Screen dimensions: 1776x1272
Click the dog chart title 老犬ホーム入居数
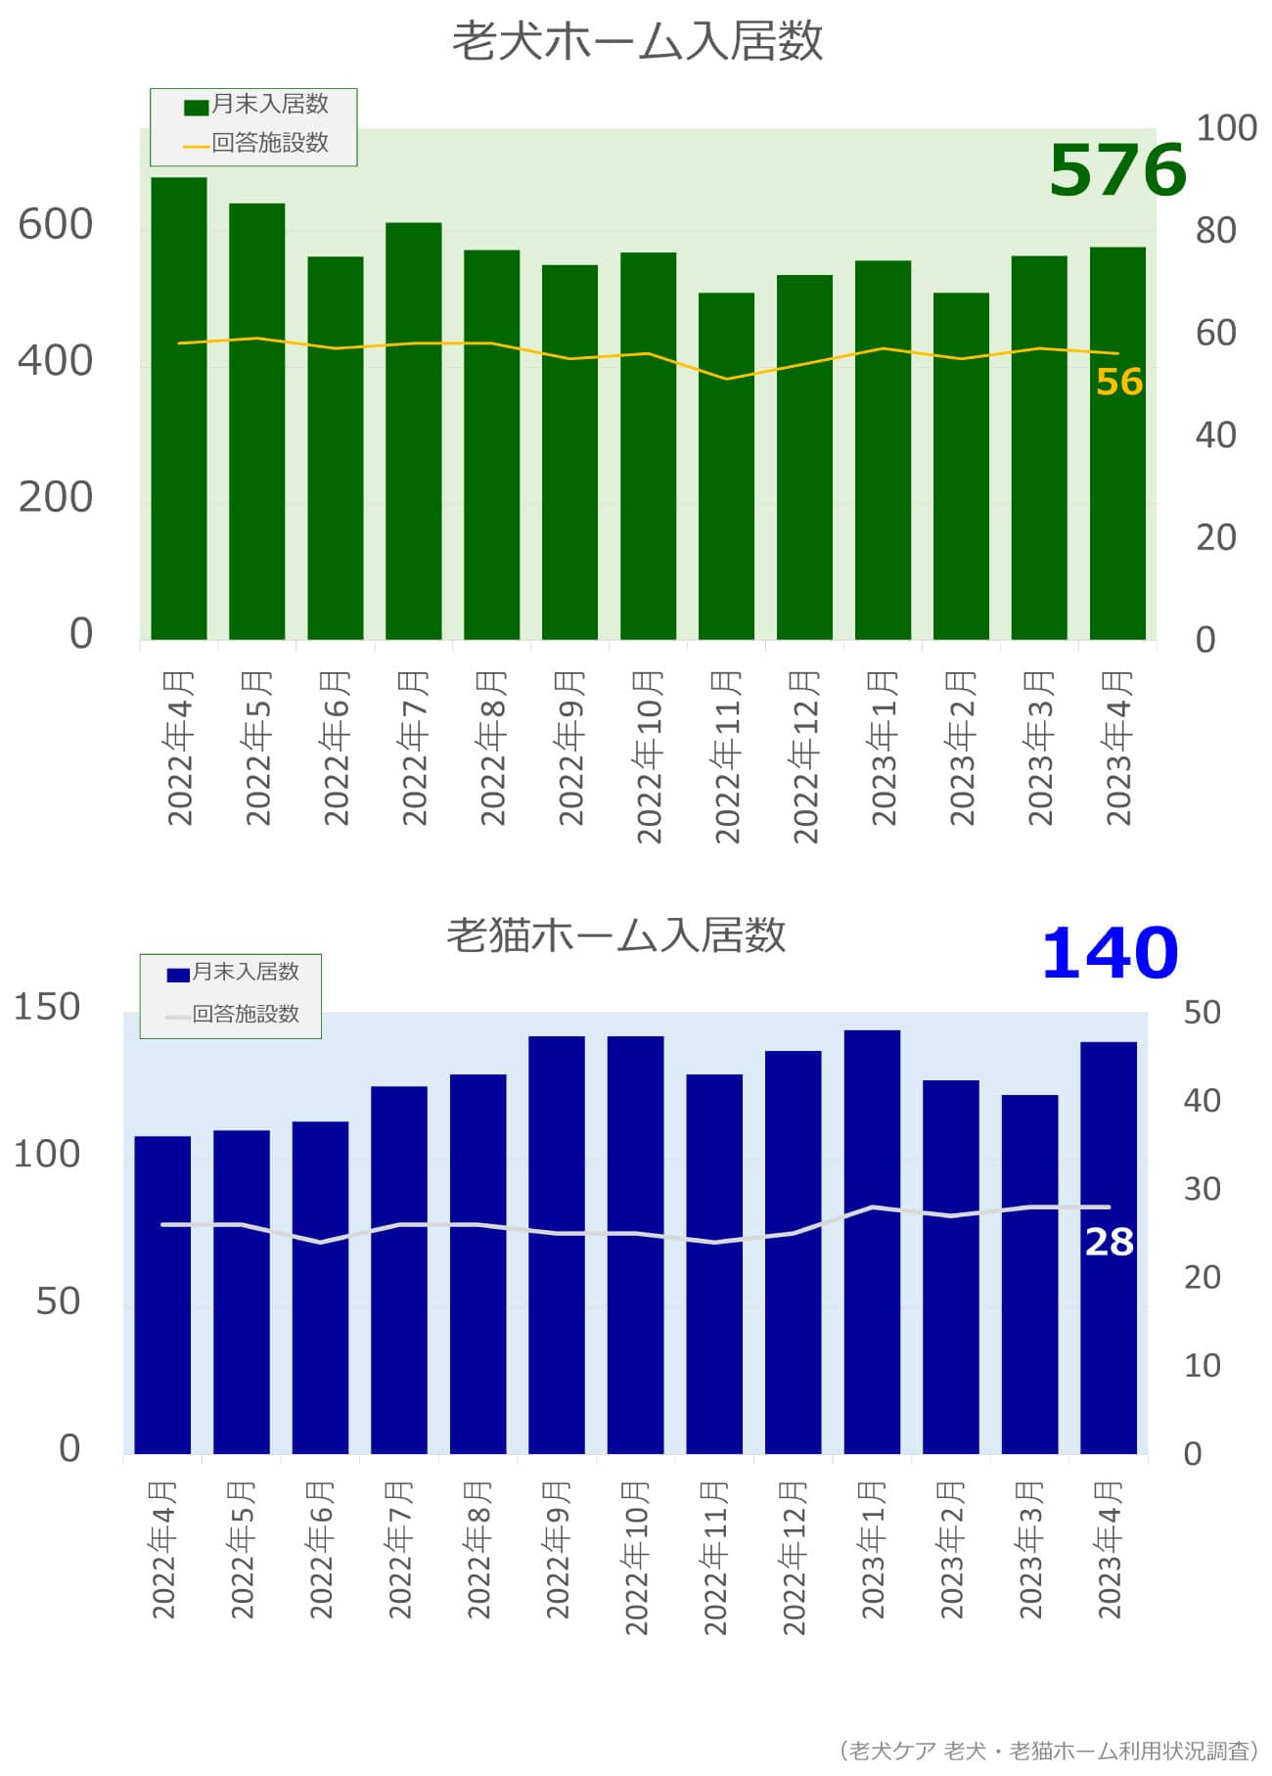pos(636,42)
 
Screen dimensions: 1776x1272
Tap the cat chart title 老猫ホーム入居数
pos(615,934)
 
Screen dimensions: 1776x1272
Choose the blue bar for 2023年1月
pos(872,1242)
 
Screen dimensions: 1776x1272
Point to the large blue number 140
pos(1110,954)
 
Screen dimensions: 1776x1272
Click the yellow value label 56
pos(1119,383)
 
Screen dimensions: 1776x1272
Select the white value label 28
pos(1109,1243)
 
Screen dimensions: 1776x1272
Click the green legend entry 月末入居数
pos(257,105)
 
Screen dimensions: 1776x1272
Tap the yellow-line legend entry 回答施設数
pos(257,143)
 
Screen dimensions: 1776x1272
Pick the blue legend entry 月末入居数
pos(234,973)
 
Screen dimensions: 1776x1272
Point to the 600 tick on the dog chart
pos(56,225)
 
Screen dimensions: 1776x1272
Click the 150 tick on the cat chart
pos(47,1007)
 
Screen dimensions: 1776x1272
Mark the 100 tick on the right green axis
pos(1226,128)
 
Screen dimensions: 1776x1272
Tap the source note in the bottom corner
pos(1049,1751)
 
